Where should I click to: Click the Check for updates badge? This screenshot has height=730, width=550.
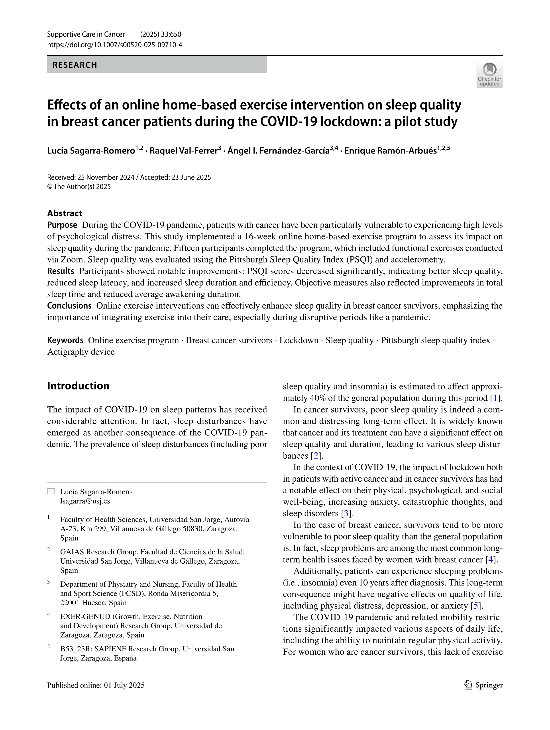click(x=489, y=74)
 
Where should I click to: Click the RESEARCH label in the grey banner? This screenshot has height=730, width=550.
click(x=75, y=65)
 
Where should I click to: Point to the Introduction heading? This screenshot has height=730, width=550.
click(x=78, y=385)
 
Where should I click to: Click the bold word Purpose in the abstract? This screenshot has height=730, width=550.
click(x=62, y=225)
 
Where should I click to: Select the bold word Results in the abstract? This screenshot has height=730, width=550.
click(x=61, y=271)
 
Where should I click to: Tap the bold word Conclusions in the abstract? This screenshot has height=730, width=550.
click(x=69, y=306)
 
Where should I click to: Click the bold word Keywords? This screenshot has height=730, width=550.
click(x=65, y=341)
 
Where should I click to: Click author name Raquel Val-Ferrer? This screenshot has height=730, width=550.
click(x=183, y=151)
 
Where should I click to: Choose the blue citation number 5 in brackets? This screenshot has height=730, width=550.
click(x=476, y=606)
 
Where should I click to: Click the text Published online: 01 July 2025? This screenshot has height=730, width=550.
click(x=96, y=685)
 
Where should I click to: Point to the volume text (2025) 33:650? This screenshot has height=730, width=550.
click(x=161, y=35)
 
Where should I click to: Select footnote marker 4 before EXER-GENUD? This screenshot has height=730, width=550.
click(x=49, y=614)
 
